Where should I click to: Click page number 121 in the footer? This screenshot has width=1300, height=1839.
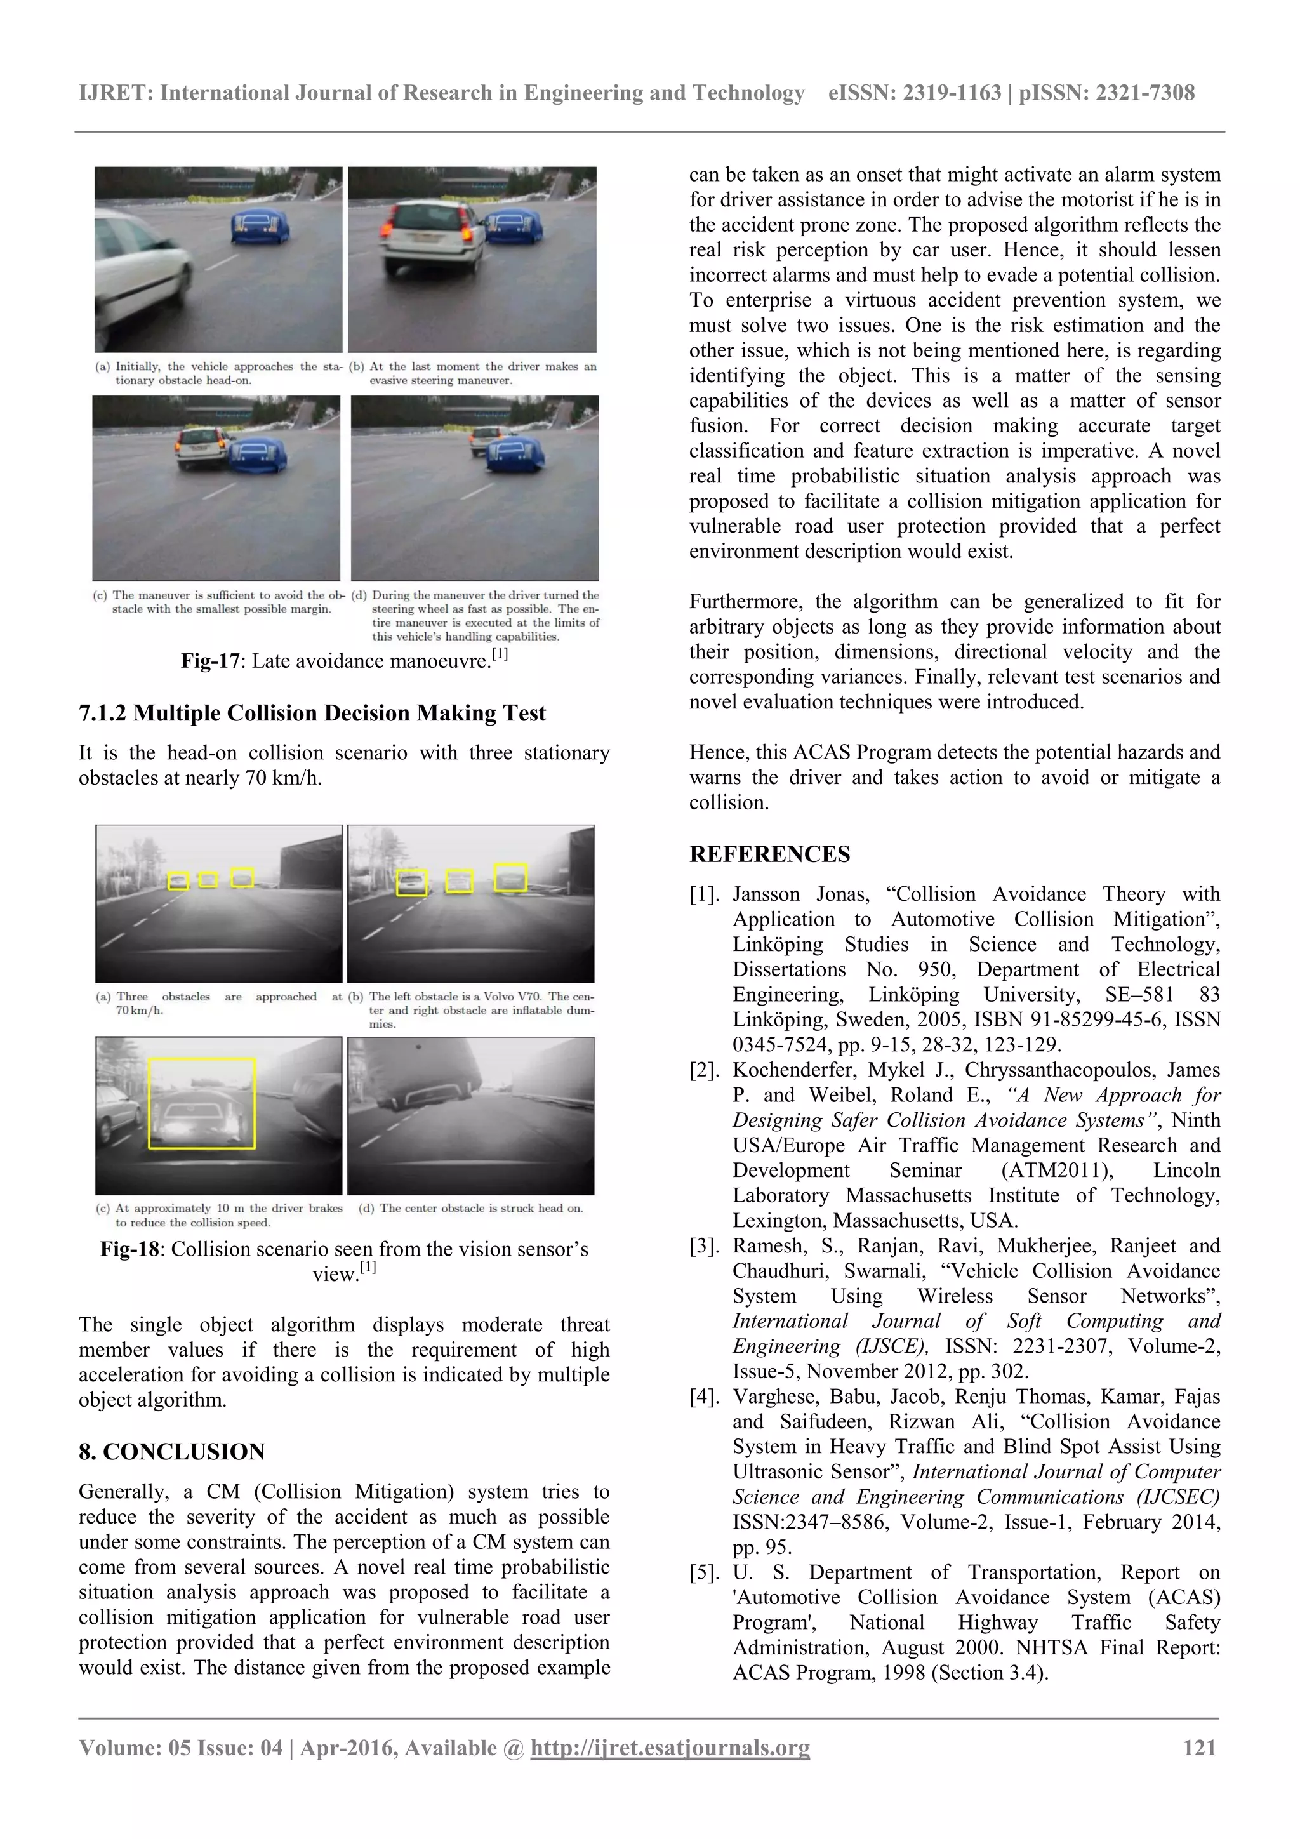click(1199, 1747)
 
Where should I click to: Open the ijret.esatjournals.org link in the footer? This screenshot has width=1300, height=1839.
click(670, 1748)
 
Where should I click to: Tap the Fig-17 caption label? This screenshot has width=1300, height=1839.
click(210, 661)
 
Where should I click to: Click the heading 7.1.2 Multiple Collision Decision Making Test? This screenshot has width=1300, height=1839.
click(312, 713)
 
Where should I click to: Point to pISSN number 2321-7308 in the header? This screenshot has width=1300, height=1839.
click(1144, 93)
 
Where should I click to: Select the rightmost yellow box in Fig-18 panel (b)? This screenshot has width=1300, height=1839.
click(510, 877)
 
